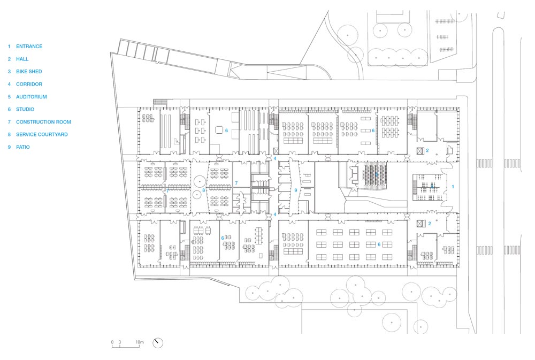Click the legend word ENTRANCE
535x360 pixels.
pos(29,47)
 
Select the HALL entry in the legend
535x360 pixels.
pos(22,59)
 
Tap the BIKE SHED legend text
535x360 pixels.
pos(29,72)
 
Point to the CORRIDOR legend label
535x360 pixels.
pos(29,85)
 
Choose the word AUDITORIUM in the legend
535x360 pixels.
pos(32,97)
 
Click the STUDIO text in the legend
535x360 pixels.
pos(25,110)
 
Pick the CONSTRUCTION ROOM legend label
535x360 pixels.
pos(43,122)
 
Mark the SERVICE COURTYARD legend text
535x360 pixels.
pos(42,134)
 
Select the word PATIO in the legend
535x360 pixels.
pos(23,147)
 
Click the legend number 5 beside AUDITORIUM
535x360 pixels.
pos(9,97)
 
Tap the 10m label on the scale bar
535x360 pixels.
pos(140,342)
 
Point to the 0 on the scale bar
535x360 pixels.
pos(112,342)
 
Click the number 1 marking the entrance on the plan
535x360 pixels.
pos(453,187)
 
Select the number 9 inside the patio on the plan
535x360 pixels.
pos(296,190)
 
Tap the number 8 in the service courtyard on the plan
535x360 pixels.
pos(204,190)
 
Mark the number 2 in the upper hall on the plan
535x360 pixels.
pos(427,150)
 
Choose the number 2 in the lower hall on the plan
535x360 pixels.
pos(430,224)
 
